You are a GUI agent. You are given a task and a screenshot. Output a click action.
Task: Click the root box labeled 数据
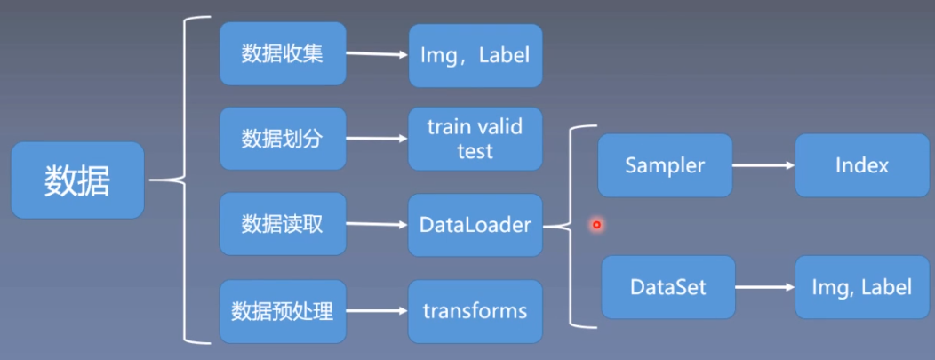77,180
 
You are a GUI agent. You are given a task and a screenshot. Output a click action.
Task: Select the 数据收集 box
282,54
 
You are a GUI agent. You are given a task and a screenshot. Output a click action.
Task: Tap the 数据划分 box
282,139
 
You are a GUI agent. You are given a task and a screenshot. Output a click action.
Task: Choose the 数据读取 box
282,224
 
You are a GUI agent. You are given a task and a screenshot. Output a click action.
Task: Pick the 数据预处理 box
282,311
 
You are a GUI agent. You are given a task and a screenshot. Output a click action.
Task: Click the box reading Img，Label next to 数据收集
475,55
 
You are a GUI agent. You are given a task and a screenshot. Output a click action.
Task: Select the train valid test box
475,139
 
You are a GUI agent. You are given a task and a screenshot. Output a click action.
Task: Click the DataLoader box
475,225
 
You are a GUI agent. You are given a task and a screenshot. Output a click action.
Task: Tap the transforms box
475,311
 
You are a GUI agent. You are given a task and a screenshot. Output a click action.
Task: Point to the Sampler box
665,165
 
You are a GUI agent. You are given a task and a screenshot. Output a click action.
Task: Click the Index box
861,165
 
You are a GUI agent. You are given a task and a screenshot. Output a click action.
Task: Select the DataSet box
668,287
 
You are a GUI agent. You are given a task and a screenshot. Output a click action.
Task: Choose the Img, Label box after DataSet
861,287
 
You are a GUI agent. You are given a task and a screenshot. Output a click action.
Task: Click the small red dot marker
596,225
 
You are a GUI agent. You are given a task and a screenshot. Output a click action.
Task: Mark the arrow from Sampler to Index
763,165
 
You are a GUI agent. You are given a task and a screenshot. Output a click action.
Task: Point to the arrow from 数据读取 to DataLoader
376,225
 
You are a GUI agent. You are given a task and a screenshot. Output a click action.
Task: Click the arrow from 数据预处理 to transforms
376,312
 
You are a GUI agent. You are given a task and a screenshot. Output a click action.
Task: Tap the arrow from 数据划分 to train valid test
376,139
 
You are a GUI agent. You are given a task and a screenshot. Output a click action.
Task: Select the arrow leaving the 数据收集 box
376,53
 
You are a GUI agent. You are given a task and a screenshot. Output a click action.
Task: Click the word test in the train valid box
475,151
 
